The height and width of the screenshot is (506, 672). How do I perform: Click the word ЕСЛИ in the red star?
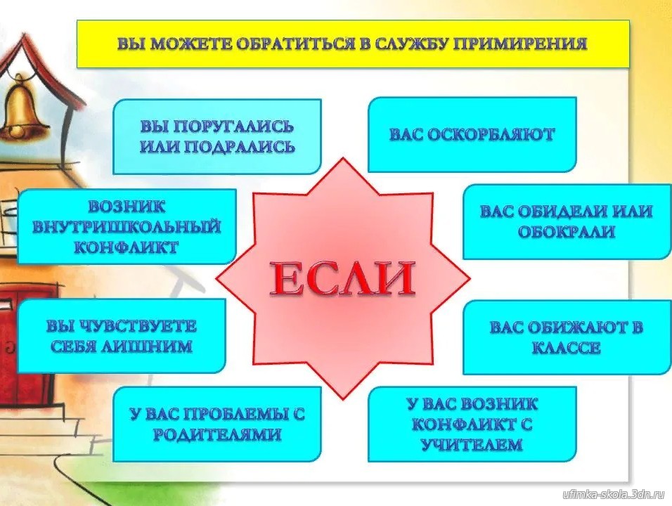(342, 278)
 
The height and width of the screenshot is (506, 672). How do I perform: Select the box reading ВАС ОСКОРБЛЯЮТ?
(472, 134)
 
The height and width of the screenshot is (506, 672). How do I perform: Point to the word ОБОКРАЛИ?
(567, 232)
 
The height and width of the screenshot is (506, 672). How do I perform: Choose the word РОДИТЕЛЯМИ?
(217, 434)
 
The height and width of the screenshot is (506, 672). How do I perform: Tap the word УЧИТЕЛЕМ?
(472, 445)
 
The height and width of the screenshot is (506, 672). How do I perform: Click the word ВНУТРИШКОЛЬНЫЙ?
(127, 227)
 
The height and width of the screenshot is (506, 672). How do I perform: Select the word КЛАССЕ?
(566, 347)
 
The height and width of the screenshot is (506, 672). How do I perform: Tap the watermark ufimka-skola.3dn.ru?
(614, 494)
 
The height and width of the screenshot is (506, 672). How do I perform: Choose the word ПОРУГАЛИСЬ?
(235, 126)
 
